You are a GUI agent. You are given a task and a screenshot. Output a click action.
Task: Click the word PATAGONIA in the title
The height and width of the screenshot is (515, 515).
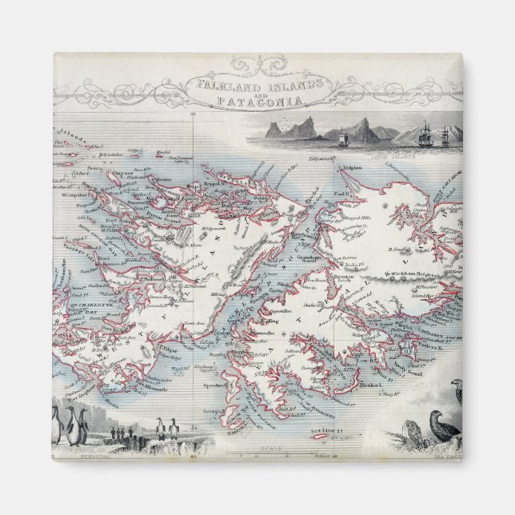257,101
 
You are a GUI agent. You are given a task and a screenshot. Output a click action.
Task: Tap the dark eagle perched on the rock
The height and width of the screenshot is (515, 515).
443,425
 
